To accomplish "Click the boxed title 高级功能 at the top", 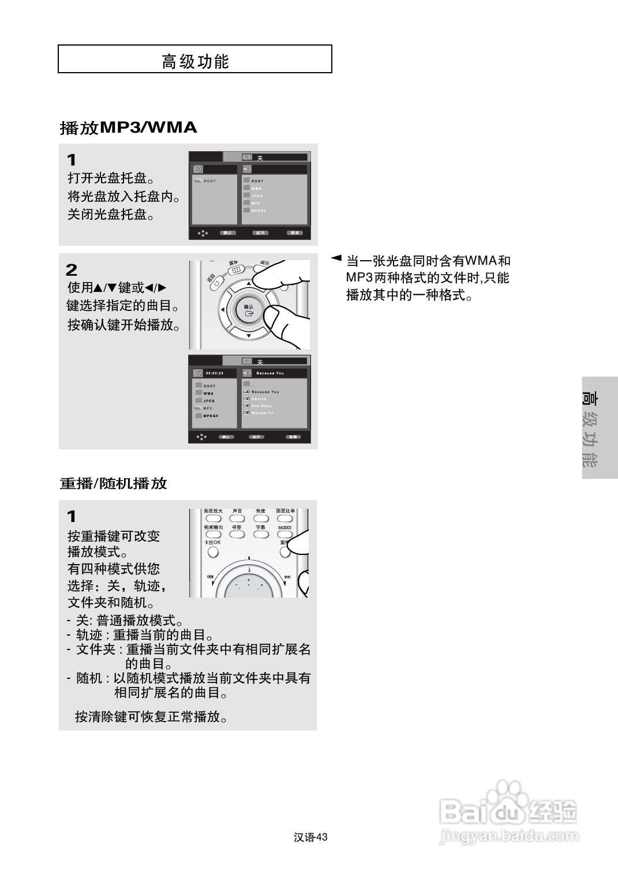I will pyautogui.click(x=195, y=60).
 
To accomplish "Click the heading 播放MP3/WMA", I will pyautogui.click(x=128, y=127).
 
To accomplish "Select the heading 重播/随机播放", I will pyautogui.click(x=113, y=483).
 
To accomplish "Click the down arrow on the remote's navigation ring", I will pyautogui.click(x=249, y=336).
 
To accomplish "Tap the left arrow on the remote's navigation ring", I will pyautogui.click(x=222, y=310).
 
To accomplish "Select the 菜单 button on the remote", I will pyautogui.click(x=235, y=270).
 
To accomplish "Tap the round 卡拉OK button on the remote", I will pyautogui.click(x=213, y=552).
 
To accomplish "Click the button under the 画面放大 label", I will pyautogui.click(x=213, y=519).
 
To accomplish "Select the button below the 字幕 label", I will pyautogui.click(x=261, y=534).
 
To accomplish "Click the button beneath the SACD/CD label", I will pyautogui.click(x=284, y=534).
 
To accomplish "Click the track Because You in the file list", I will pyautogui.click(x=265, y=392).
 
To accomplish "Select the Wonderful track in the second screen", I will pyautogui.click(x=262, y=413).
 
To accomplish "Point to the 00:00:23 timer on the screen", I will pyautogui.click(x=214, y=373).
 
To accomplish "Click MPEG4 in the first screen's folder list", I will pyautogui.click(x=257, y=211).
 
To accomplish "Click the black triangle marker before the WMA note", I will pyautogui.click(x=336, y=257).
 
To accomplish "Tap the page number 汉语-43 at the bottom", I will pyautogui.click(x=310, y=838).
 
